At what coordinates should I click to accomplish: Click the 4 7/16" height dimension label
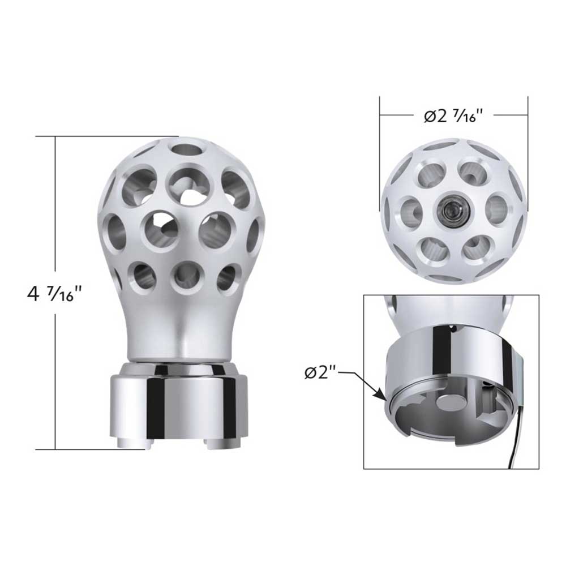pos(55,294)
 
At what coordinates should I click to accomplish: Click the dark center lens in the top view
pos(453,210)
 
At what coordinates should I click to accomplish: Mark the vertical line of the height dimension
pos(55,226)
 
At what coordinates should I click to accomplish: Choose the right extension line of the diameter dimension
pos(528,153)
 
